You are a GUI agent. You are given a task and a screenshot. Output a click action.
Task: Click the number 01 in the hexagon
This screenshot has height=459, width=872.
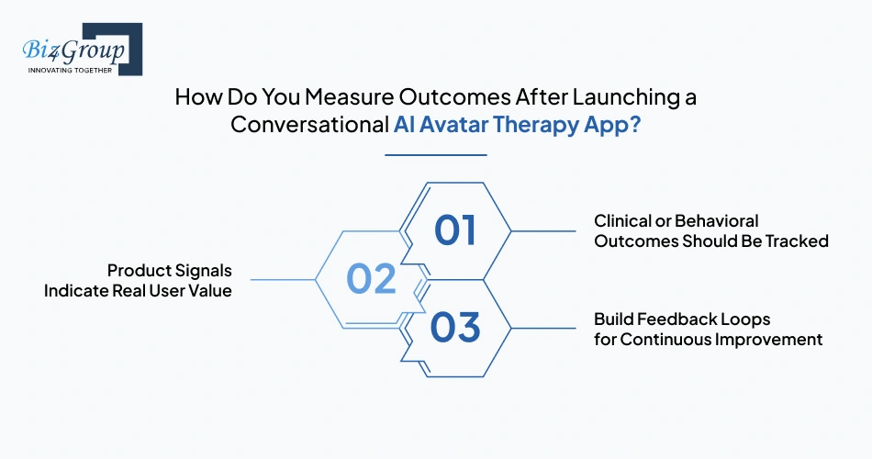click(455, 231)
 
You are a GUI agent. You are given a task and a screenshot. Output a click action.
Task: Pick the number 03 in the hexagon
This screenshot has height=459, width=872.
click(455, 328)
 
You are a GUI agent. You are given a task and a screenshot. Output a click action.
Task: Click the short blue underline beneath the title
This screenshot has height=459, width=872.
click(435, 154)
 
